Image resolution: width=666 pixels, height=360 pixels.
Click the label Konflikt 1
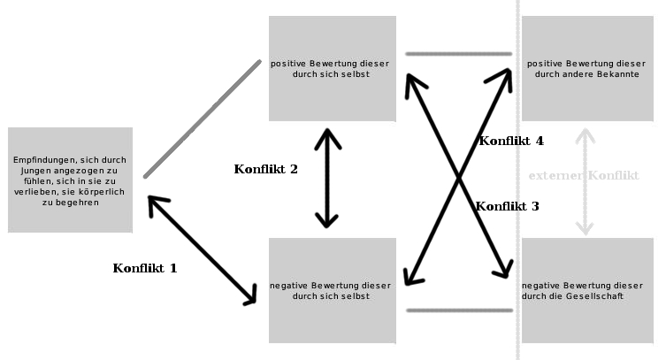coord(145,268)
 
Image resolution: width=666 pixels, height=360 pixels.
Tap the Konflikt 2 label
coord(265,169)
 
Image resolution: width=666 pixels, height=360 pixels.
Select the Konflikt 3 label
coord(507,206)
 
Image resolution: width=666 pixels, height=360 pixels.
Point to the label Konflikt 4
coord(511,141)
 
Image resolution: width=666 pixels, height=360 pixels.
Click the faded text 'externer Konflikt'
coord(584,176)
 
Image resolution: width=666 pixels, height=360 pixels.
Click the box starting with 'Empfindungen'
coord(70,180)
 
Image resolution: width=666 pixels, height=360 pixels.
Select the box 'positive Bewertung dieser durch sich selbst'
coord(332,69)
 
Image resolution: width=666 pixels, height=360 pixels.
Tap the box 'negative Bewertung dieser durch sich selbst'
coord(332,290)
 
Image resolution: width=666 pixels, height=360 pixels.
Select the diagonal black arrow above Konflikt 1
coord(202,251)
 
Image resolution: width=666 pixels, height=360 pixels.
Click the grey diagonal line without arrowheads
coord(203,119)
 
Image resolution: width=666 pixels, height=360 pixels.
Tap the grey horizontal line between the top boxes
coord(458,54)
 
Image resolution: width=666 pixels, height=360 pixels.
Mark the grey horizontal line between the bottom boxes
coord(458,310)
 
